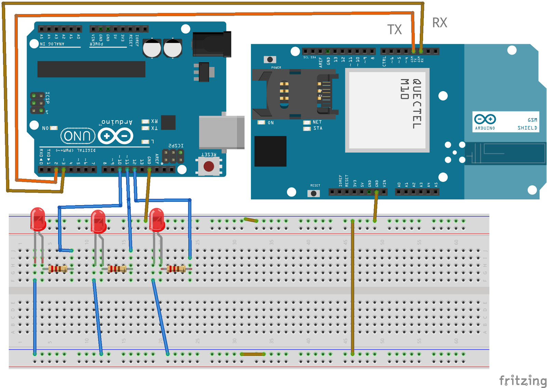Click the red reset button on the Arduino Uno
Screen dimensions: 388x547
[x=209, y=166]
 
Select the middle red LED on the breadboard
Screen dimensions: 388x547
[x=98, y=222]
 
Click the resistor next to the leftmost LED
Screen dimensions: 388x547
[x=57, y=269]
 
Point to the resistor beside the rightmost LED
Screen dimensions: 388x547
[x=176, y=269]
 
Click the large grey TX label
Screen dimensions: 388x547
[x=394, y=30]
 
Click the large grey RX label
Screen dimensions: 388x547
[x=439, y=23]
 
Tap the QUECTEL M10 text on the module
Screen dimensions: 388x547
[x=411, y=103]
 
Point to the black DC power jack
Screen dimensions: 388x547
[x=212, y=44]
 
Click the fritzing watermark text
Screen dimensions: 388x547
[x=522, y=380]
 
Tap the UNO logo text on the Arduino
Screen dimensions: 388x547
[x=78, y=136]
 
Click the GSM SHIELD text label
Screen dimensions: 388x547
[x=527, y=124]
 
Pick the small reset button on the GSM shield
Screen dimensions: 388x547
[x=313, y=193]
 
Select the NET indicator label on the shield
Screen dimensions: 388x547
[x=317, y=122]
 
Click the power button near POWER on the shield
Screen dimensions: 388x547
[x=270, y=60]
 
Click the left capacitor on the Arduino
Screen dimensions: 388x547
[x=152, y=48]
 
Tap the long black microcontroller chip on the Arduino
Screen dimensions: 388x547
[x=91, y=69]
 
